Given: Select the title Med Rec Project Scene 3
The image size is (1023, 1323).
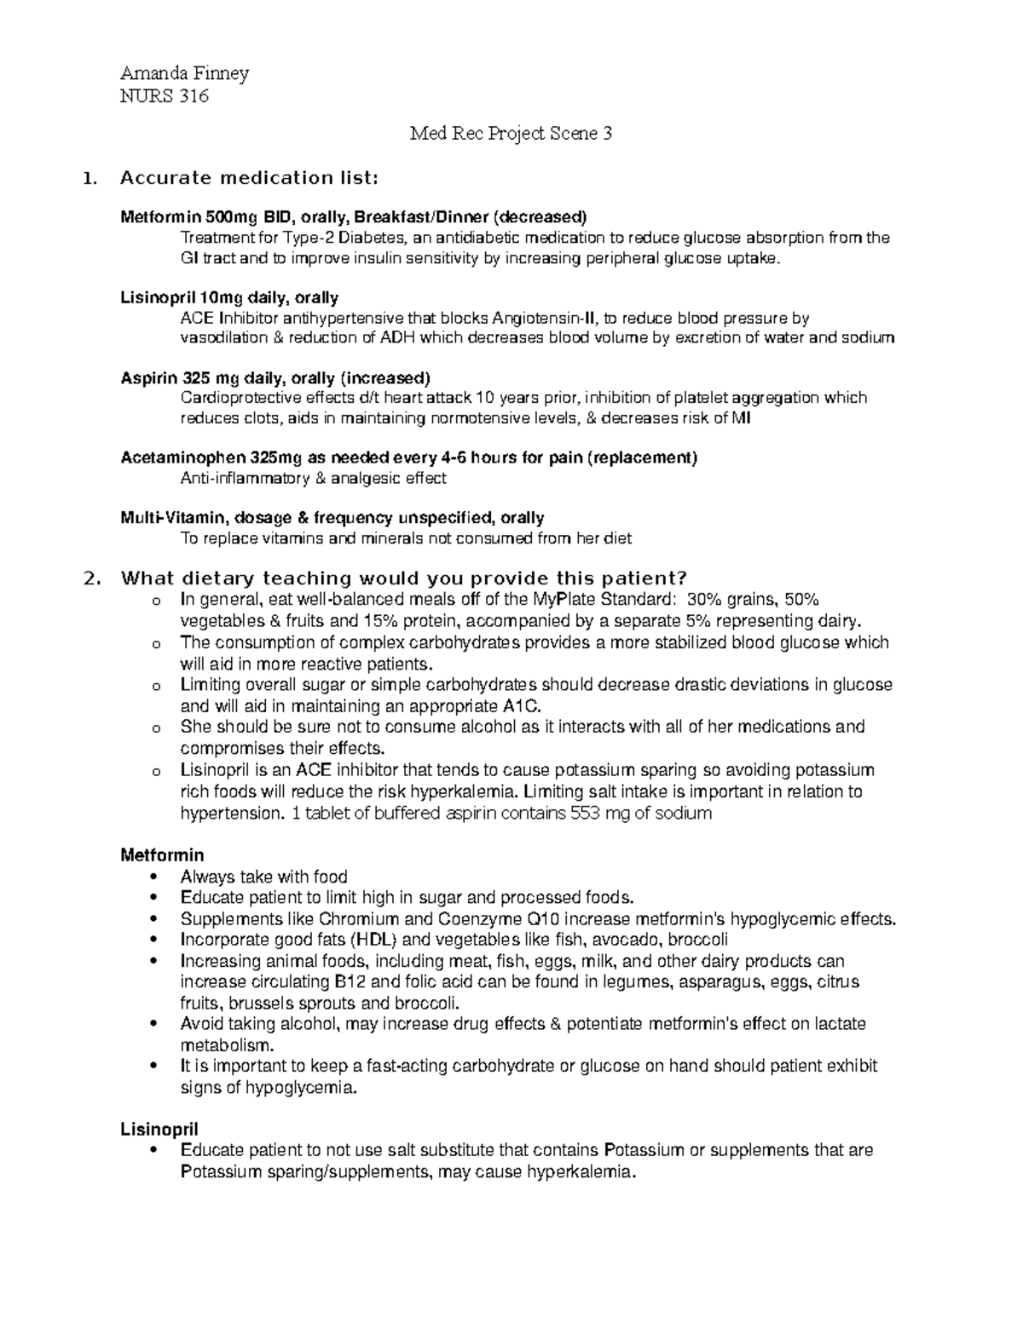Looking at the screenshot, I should click(511, 133).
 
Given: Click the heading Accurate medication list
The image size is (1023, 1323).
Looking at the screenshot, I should click(247, 178).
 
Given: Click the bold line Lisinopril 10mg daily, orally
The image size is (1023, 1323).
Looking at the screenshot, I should click(229, 297).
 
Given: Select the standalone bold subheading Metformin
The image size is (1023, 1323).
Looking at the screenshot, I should click(162, 854).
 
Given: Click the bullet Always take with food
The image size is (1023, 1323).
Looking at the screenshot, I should click(264, 877).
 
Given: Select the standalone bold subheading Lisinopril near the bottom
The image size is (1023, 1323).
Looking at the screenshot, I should click(159, 1129).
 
